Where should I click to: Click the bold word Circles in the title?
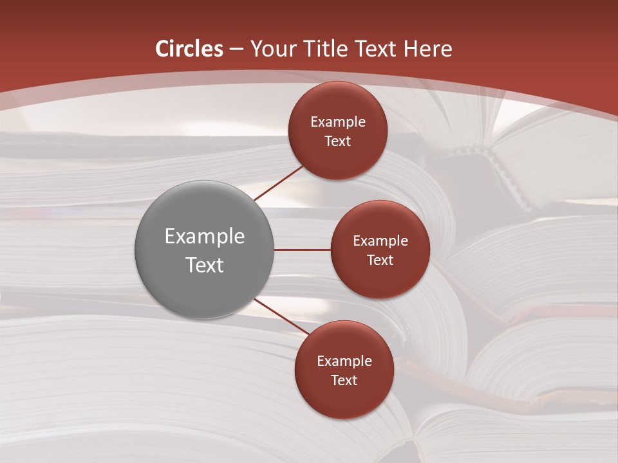click(x=189, y=49)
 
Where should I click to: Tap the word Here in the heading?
click(x=428, y=49)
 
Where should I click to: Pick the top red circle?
click(x=337, y=103)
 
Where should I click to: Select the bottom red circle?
click(x=344, y=399)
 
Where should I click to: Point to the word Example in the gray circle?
click(x=205, y=236)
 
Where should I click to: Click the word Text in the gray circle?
click(x=205, y=265)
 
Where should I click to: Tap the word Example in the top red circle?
click(x=338, y=122)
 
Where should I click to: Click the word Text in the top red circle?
click(x=338, y=141)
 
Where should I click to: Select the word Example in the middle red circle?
click(x=380, y=241)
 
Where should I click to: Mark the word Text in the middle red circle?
click(x=380, y=260)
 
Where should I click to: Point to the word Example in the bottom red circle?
click(x=344, y=361)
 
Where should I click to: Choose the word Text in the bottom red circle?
click(x=344, y=381)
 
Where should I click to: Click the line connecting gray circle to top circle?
click(x=278, y=183)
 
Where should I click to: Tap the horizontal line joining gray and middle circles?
click(x=303, y=250)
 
